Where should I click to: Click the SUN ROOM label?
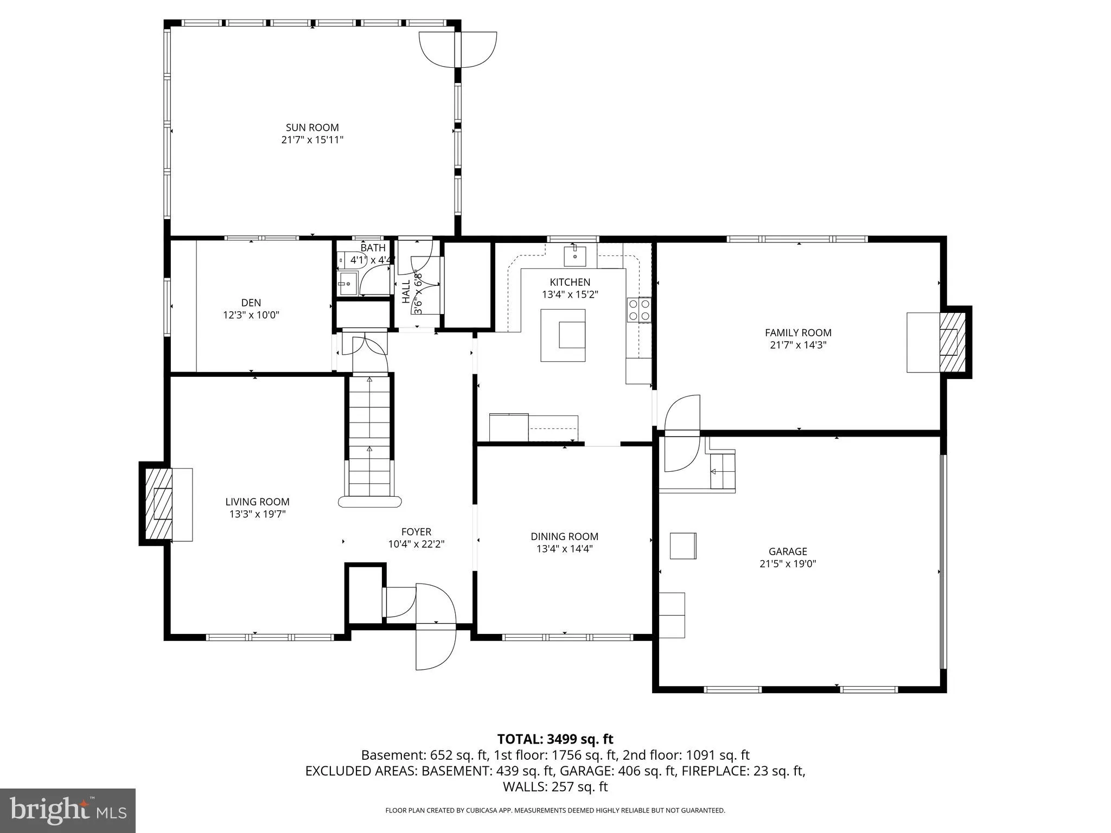(x=312, y=127)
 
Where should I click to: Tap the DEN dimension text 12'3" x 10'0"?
(x=251, y=315)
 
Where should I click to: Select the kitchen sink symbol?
(x=574, y=255)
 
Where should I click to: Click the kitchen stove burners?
(x=638, y=310)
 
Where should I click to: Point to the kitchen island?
(x=563, y=335)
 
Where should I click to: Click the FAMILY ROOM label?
(x=797, y=333)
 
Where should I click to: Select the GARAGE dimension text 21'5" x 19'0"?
(x=787, y=563)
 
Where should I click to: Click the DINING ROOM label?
(x=564, y=536)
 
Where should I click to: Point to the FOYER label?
(x=416, y=532)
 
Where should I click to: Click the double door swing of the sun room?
(x=458, y=49)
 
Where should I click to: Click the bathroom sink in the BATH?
(x=346, y=283)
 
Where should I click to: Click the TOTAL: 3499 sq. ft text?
(x=555, y=739)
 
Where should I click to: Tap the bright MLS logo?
(x=68, y=810)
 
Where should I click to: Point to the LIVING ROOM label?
(x=257, y=502)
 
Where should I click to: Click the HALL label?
(x=406, y=292)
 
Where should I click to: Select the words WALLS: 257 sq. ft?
(x=555, y=787)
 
